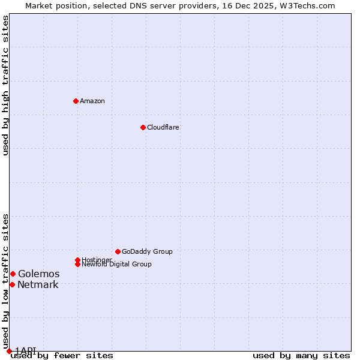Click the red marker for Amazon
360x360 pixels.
[x=76, y=101]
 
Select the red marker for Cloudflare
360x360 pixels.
[x=143, y=127]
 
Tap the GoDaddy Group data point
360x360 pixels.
[x=118, y=251]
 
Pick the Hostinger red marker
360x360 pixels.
[x=77, y=260]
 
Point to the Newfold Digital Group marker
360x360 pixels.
[x=77, y=264]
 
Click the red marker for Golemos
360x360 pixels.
[x=13, y=274]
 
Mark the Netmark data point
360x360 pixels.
[x=12, y=284]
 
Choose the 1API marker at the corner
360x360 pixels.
[x=9, y=351]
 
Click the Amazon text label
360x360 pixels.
[x=92, y=101]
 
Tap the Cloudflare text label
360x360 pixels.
[x=163, y=127]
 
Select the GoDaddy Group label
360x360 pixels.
[x=147, y=251]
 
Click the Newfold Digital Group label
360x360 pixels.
[x=117, y=265]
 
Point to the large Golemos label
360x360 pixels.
[x=38, y=274]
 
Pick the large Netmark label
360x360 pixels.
[x=38, y=284]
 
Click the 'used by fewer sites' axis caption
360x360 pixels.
[x=62, y=356]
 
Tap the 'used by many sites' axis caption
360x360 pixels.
[x=301, y=356]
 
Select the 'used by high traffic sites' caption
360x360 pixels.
[x=6, y=85]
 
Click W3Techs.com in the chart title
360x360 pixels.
[x=310, y=5]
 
